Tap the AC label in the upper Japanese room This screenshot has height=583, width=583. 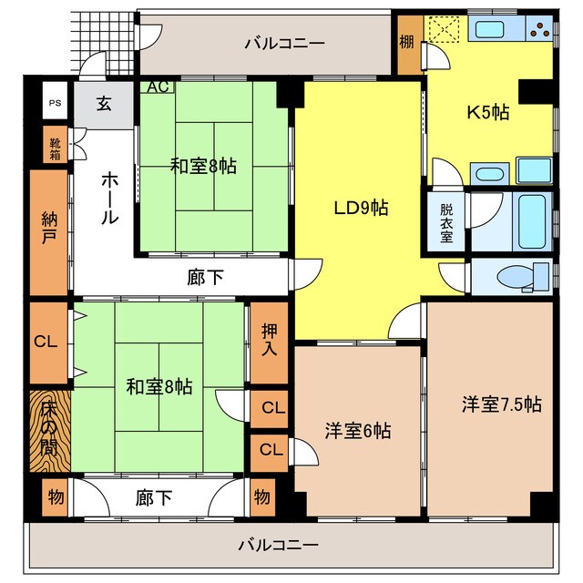[157, 87]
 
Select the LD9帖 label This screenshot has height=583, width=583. [360, 208]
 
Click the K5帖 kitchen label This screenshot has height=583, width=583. [488, 113]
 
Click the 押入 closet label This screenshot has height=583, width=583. [270, 340]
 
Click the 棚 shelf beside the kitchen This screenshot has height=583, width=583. [407, 42]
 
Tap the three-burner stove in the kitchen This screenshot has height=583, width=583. [539, 30]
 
